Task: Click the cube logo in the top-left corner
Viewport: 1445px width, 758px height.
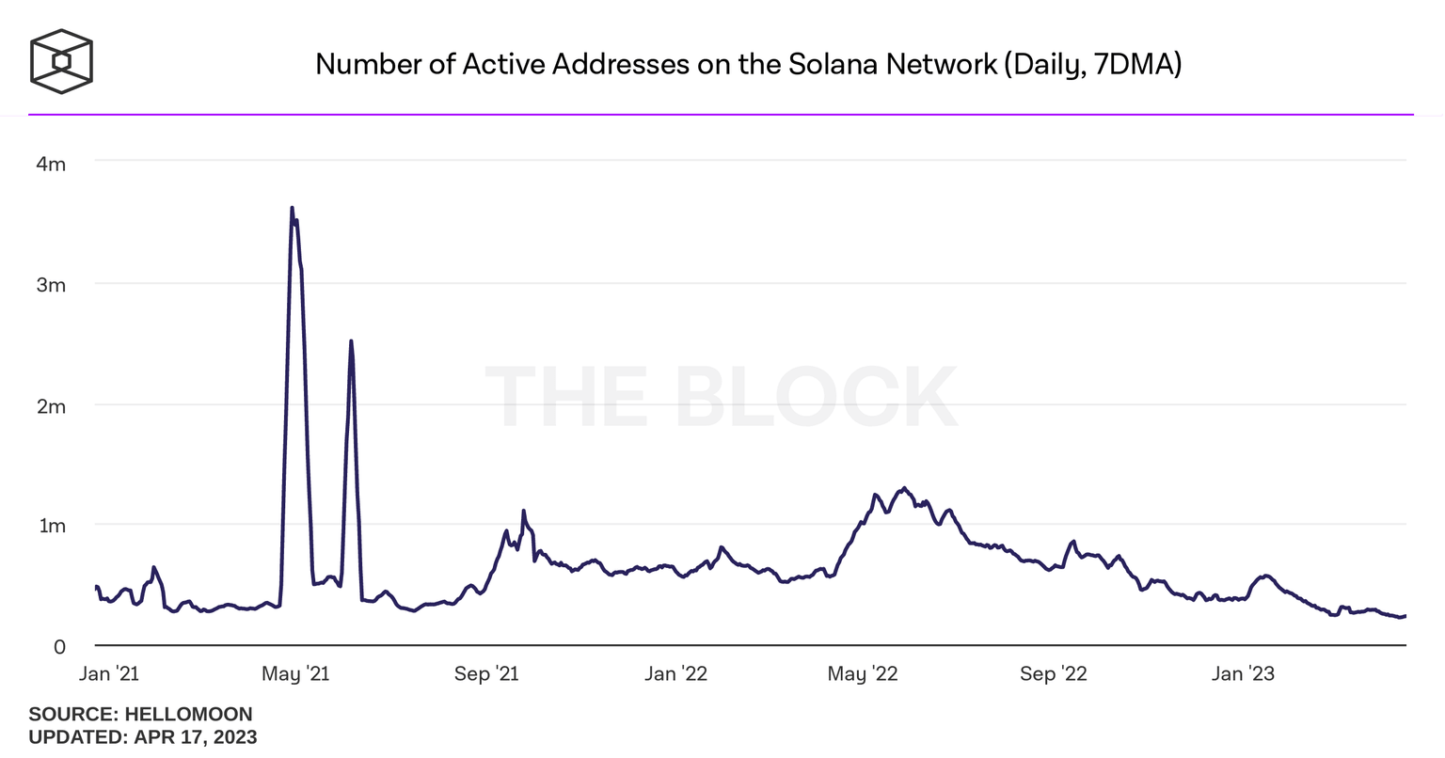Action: coord(61,62)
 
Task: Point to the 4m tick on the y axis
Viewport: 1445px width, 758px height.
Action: coord(51,165)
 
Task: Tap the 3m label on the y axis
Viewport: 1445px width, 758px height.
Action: coord(51,285)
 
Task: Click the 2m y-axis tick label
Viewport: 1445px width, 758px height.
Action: coord(51,406)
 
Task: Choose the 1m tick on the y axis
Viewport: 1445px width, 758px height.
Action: coord(52,526)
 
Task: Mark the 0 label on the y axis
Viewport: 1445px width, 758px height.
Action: coord(59,647)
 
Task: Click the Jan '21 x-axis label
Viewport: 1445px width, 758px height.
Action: coord(108,674)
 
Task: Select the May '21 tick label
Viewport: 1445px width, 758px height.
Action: coord(294,674)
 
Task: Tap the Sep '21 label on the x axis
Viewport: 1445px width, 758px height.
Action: coord(486,674)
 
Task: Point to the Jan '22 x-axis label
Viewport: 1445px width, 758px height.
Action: coord(675,674)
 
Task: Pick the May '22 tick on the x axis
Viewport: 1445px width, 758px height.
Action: coord(862,674)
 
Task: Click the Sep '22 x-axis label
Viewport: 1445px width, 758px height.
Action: coord(1053,674)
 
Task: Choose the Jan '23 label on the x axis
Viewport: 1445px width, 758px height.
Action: coord(1243,674)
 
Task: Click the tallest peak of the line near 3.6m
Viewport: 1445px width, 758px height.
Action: coord(292,208)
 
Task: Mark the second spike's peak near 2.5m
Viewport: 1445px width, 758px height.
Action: coord(351,341)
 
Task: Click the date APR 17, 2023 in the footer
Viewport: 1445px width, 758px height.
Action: coord(195,736)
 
